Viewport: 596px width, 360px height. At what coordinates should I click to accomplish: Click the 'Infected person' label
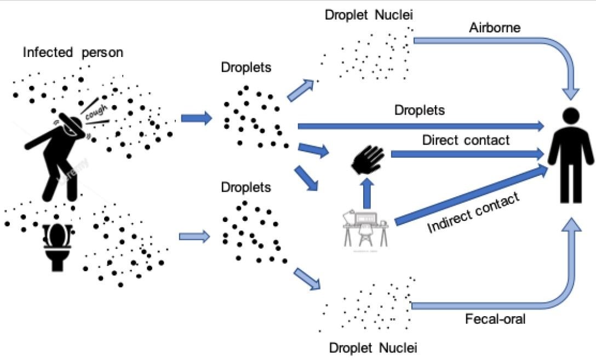pyautogui.click(x=73, y=53)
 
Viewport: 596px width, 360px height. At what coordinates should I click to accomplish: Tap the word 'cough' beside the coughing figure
pyautogui.click(x=96, y=112)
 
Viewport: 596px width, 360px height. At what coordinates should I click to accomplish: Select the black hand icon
pyautogui.click(x=368, y=159)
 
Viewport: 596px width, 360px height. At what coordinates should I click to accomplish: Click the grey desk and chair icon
pyautogui.click(x=366, y=230)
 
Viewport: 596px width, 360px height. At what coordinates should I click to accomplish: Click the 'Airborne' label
pyautogui.click(x=495, y=28)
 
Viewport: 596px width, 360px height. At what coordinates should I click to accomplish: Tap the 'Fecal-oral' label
pyautogui.click(x=495, y=319)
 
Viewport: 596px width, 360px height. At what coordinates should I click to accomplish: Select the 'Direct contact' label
pyautogui.click(x=466, y=140)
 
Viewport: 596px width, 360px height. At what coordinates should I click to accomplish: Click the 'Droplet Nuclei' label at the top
pyautogui.click(x=369, y=15)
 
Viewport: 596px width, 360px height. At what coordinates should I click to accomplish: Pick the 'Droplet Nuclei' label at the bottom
pyautogui.click(x=373, y=348)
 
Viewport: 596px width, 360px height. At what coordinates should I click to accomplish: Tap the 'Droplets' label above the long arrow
pyautogui.click(x=419, y=110)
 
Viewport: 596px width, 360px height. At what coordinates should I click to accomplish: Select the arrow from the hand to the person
pyautogui.click(x=467, y=154)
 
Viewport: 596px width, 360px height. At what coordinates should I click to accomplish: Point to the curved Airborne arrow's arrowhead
pyautogui.click(x=571, y=94)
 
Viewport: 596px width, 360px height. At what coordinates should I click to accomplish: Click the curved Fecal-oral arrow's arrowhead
pyautogui.click(x=571, y=225)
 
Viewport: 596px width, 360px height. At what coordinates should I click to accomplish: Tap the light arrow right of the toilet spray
pyautogui.click(x=194, y=237)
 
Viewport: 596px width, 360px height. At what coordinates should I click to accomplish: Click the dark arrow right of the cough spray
pyautogui.click(x=196, y=118)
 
